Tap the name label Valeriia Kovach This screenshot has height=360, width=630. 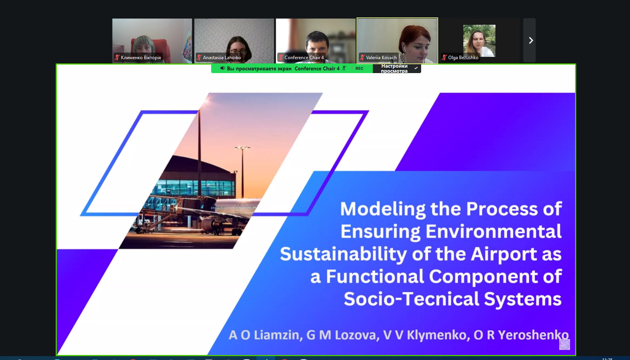pos(381,58)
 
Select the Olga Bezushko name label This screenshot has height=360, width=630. pos(463,58)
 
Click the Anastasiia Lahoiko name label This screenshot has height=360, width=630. pos(222,58)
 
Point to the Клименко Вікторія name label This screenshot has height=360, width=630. pos(141,58)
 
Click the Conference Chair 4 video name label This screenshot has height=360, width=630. pos(304,58)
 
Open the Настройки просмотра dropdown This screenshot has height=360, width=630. pos(397,68)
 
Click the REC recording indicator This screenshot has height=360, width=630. pos(359,68)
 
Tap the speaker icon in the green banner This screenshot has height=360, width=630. pos(222,68)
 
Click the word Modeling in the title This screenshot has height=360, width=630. pos(382,209)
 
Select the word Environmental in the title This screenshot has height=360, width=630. pos(493,232)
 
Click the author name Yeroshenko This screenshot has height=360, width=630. pos(533,335)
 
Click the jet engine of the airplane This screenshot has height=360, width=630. pos(208,224)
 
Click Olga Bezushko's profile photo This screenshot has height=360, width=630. pos(479,41)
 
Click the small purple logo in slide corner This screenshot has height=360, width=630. pos(564,345)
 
